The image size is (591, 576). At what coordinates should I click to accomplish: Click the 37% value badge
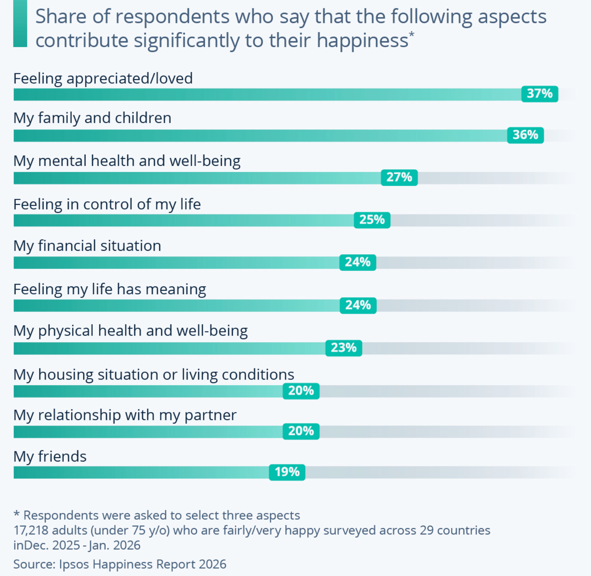(540, 94)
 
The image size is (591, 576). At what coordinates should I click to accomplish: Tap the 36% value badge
(525, 135)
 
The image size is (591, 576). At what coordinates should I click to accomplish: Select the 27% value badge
(399, 177)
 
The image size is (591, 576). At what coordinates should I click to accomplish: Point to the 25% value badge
(372, 220)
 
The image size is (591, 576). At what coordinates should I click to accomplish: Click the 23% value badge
(343, 348)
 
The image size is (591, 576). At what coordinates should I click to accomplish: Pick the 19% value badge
(287, 472)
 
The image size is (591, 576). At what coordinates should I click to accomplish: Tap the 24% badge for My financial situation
(358, 262)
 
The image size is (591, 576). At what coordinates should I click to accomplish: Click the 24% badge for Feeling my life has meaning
(358, 305)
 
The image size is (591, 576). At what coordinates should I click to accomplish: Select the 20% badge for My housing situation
(301, 391)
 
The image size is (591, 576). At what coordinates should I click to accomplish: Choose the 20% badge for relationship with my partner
(301, 431)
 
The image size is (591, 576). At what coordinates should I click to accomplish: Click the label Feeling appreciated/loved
(103, 78)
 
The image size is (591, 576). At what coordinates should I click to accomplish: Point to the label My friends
(50, 456)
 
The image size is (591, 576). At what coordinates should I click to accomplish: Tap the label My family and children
(92, 118)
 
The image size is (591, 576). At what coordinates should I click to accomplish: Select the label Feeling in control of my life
(107, 204)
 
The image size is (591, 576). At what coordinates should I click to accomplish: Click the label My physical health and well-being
(130, 331)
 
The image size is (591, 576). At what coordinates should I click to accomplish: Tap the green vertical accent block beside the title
(20, 24)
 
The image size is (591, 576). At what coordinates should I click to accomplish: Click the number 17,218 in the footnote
(31, 530)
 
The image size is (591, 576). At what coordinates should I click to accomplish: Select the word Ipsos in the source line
(74, 564)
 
